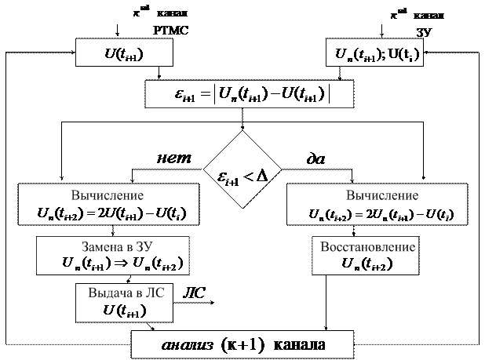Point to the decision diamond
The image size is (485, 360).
click(x=242, y=174)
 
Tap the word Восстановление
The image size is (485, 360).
click(x=369, y=246)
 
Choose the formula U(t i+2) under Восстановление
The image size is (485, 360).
click(x=368, y=263)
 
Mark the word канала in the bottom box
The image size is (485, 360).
click(x=298, y=346)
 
